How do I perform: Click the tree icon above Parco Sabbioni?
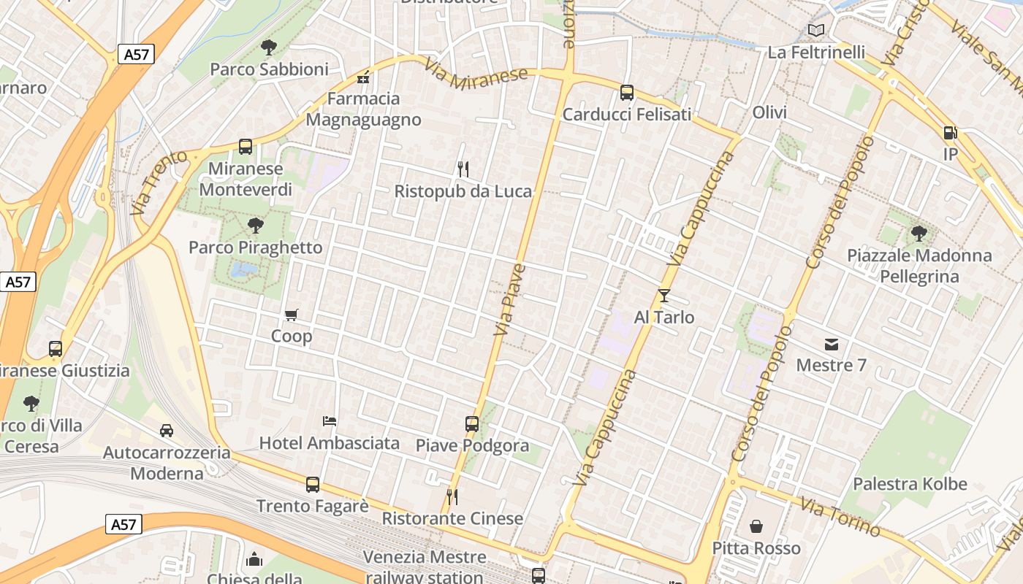(x=269, y=47)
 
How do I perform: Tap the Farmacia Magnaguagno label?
(x=363, y=109)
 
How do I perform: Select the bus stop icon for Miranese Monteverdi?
(x=246, y=147)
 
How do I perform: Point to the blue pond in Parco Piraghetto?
(x=243, y=270)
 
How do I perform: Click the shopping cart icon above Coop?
(x=292, y=315)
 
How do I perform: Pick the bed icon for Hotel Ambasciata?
(x=330, y=421)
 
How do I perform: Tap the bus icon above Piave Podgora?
(x=472, y=423)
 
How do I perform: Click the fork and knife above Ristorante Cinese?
(x=452, y=497)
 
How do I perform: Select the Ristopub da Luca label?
(x=463, y=191)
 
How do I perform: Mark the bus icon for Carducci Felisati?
(x=627, y=93)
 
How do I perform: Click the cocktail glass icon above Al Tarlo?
(x=663, y=296)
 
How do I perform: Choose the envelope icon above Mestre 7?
(x=831, y=344)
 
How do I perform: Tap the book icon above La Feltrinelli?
(x=816, y=31)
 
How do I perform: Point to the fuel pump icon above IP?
(x=950, y=133)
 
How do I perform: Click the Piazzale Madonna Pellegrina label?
(x=919, y=266)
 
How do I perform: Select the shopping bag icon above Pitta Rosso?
(x=756, y=526)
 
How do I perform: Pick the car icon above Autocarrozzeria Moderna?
(x=167, y=431)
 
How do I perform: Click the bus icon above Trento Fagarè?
(x=313, y=484)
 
